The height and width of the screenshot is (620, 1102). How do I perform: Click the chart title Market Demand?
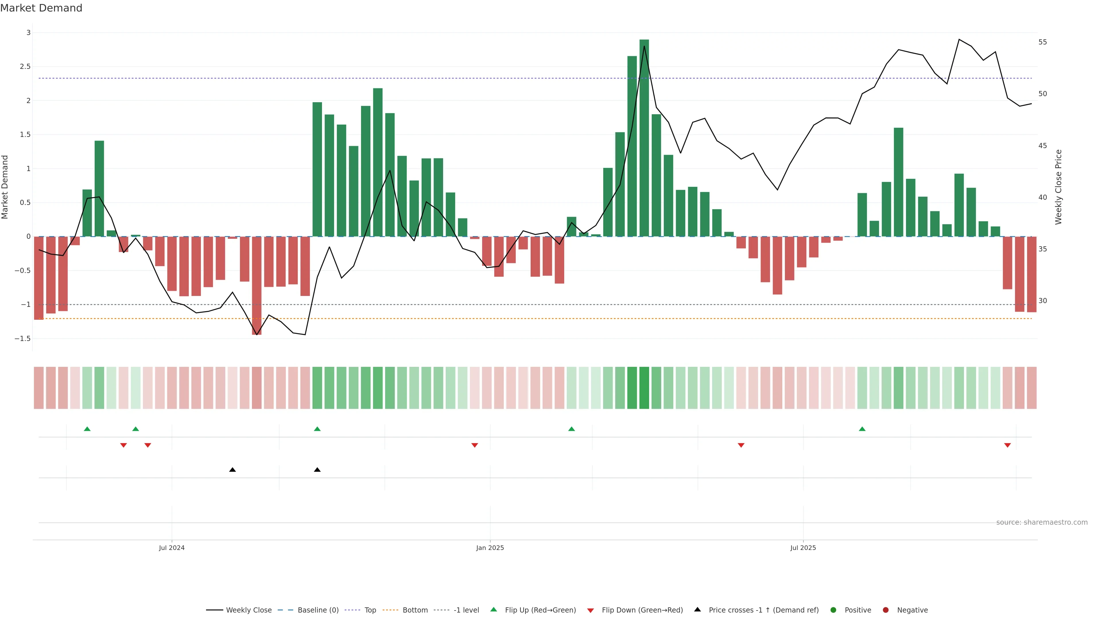click(41, 8)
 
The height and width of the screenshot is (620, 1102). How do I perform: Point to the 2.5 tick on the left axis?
click(26, 67)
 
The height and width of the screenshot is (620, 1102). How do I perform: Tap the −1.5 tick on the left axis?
click(23, 338)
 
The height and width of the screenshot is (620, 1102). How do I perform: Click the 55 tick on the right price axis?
click(1043, 42)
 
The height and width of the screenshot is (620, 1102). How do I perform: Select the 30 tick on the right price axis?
click(1043, 301)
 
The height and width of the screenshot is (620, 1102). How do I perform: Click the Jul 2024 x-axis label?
click(172, 548)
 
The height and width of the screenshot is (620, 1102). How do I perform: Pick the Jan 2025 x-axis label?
click(490, 548)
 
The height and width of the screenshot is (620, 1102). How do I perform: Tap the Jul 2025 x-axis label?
click(803, 548)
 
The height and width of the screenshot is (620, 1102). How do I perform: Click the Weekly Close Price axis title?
click(1058, 187)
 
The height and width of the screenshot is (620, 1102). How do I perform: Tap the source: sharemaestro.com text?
click(1042, 522)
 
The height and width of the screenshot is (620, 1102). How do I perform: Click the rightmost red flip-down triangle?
click(1008, 445)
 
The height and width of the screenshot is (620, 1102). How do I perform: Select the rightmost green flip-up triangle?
click(862, 429)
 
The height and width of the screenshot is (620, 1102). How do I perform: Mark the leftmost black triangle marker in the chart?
click(232, 470)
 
